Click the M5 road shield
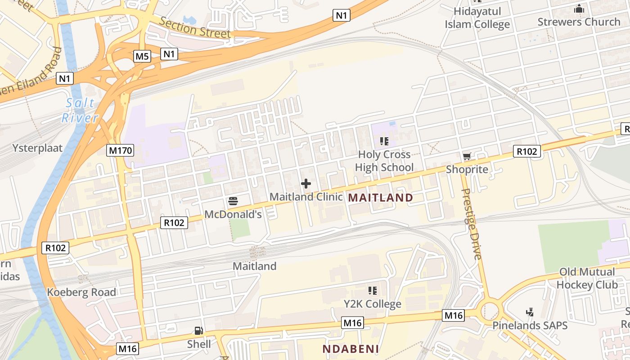pyautogui.click(x=142, y=56)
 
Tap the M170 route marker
pyautogui.click(x=120, y=150)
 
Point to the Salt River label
pyautogui.click(x=80, y=110)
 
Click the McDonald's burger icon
pyautogui.click(x=233, y=201)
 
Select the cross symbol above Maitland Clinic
pyautogui.click(x=306, y=184)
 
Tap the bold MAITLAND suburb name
pyautogui.click(x=381, y=198)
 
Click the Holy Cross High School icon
pyautogui.click(x=384, y=141)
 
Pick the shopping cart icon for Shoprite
pyautogui.click(x=467, y=157)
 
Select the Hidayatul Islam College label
pyautogui.click(x=477, y=18)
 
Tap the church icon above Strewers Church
pyautogui.click(x=579, y=9)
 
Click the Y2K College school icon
pyautogui.click(x=372, y=291)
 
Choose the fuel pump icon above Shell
pyautogui.click(x=198, y=331)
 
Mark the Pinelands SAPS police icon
pyautogui.click(x=530, y=312)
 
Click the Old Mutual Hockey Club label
pyautogui.click(x=587, y=278)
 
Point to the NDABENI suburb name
pyautogui.click(x=351, y=349)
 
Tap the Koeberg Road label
pyautogui.click(x=82, y=292)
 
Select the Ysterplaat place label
pyautogui.click(x=38, y=148)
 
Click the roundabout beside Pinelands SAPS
pyautogui.click(x=490, y=310)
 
